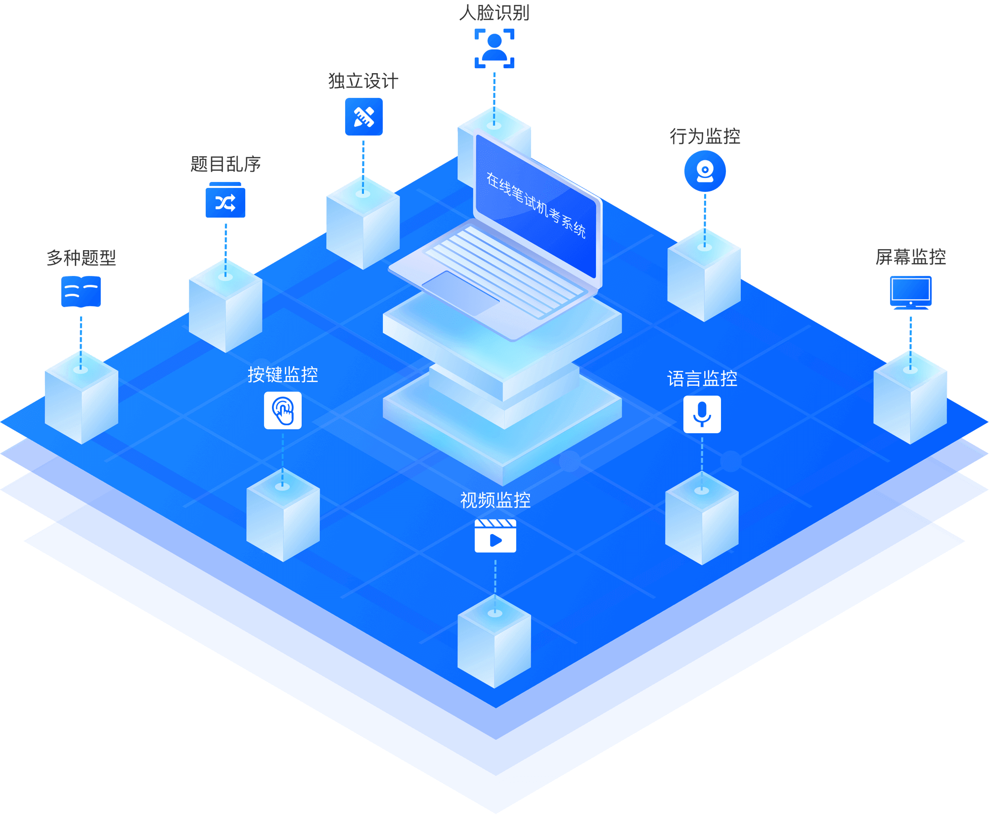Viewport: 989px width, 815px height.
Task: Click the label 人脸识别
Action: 494,13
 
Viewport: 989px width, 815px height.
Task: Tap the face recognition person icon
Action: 494,48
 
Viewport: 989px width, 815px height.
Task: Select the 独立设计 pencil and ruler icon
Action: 364,117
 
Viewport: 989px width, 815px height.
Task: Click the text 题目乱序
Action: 225,164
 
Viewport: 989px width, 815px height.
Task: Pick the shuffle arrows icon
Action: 225,200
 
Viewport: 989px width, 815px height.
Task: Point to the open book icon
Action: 81,292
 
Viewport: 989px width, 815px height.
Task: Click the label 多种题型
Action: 81,258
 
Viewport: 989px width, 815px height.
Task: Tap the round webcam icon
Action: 705,171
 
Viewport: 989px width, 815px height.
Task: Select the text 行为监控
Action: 705,136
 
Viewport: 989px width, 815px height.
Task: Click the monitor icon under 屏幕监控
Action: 911,293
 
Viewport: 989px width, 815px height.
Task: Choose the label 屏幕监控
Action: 911,257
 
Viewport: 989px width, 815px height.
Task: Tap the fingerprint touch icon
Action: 283,410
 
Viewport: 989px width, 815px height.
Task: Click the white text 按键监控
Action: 283,374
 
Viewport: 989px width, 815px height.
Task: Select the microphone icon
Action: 702,414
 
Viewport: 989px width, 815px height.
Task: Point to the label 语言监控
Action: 702,379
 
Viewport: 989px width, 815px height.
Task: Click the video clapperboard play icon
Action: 495,536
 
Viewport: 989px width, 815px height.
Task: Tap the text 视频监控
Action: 495,500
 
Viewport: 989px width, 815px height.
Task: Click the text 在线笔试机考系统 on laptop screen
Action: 536,205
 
